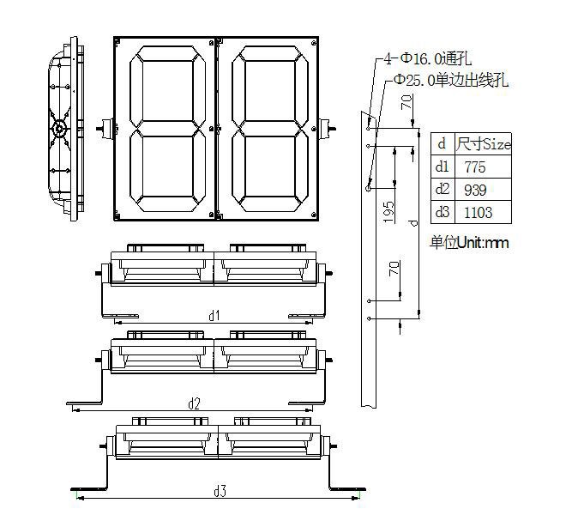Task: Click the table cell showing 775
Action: (475, 167)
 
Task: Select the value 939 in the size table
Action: (475, 191)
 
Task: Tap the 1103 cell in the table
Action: (478, 213)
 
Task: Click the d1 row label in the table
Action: (443, 167)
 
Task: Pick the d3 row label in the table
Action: (443, 212)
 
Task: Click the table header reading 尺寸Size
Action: (483, 144)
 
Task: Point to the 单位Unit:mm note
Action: (469, 242)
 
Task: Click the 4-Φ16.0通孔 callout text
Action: (428, 58)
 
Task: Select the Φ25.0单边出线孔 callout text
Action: (451, 80)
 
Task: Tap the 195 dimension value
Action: (388, 212)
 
